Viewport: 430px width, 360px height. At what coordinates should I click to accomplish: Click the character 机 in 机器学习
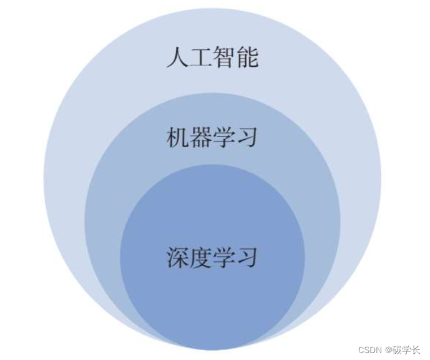pos(178,137)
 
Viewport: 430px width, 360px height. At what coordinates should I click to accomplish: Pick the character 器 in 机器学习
pos(201,137)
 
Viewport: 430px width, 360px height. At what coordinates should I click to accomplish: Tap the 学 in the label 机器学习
pos(223,137)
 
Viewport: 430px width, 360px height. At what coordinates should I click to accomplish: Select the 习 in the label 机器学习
pos(247,137)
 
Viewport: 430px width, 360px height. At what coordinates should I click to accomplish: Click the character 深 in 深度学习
pos(178,256)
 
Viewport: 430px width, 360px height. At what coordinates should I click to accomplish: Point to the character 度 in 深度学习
pos(201,256)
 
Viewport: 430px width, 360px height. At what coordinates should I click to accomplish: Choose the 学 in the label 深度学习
pos(223,256)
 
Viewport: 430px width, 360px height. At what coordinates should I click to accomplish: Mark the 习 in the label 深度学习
pos(247,256)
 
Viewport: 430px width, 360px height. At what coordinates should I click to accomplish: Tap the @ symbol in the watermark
pos(389,350)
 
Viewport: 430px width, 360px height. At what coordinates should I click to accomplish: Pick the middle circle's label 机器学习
pos(212,137)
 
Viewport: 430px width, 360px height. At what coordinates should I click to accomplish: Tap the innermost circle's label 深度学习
pos(212,256)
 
